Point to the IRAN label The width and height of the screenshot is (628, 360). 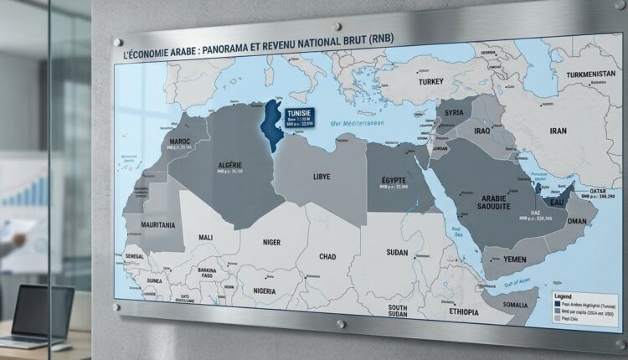tap(556, 131)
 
